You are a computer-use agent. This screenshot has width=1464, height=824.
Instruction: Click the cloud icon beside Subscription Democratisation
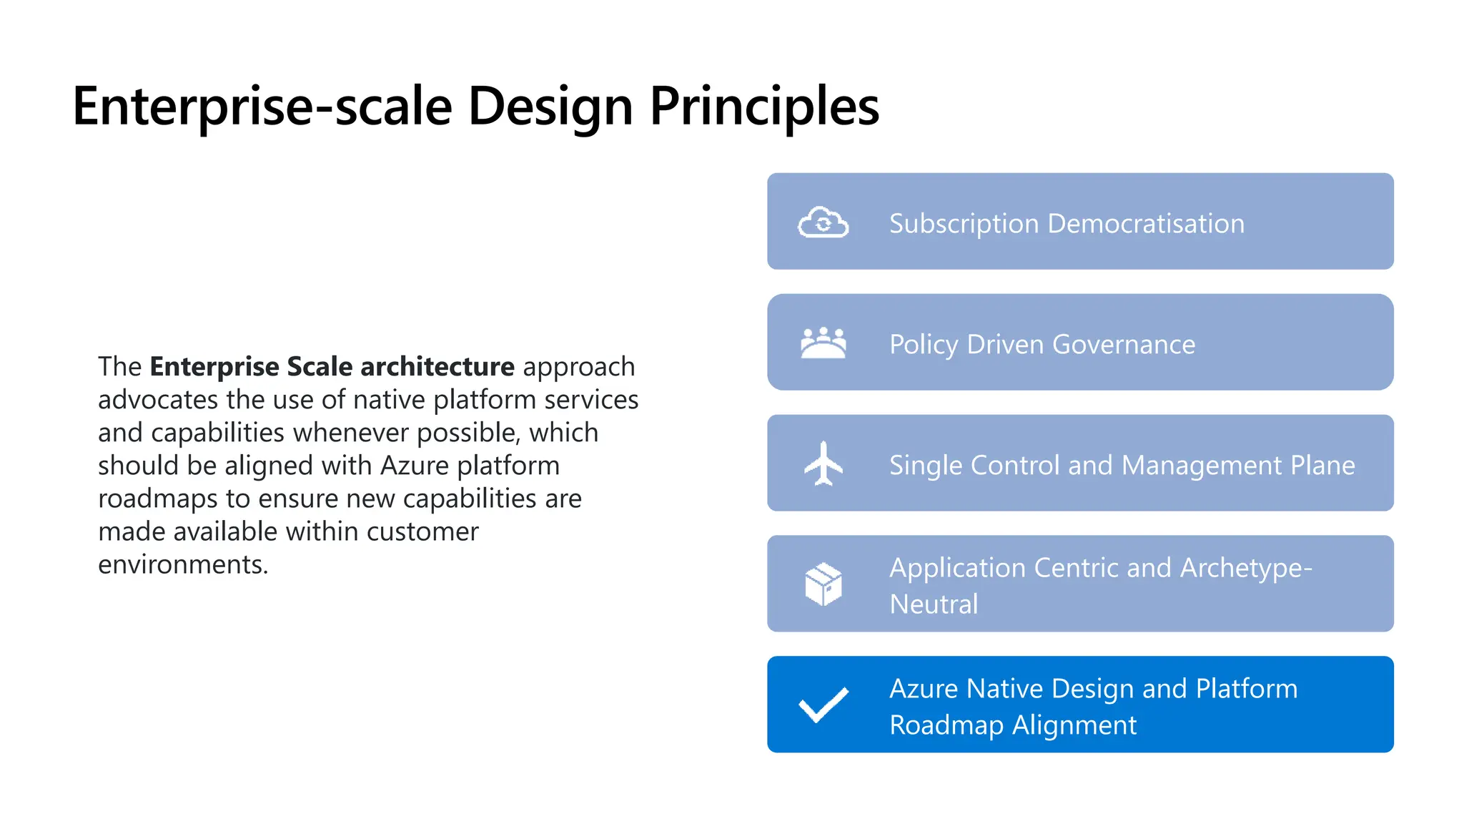click(x=823, y=222)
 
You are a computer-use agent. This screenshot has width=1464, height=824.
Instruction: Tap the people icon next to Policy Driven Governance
click(x=823, y=343)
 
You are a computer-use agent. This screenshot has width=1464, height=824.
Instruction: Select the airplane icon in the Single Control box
click(x=823, y=463)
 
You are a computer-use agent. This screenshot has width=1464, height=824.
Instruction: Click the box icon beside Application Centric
click(x=823, y=584)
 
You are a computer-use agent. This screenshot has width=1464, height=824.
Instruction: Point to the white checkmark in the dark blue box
click(x=823, y=705)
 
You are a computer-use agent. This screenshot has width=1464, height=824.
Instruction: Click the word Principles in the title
click(x=764, y=107)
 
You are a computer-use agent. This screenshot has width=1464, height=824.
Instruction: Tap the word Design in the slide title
click(x=550, y=107)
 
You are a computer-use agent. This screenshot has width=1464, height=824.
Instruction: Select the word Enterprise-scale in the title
click(x=262, y=107)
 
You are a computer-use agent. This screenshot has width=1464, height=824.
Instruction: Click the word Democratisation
click(x=1145, y=224)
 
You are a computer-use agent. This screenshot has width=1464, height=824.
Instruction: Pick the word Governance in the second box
click(x=1123, y=345)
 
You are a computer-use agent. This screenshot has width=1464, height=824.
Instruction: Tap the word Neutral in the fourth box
click(x=934, y=604)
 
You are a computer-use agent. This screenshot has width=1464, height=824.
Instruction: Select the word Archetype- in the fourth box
click(x=1246, y=568)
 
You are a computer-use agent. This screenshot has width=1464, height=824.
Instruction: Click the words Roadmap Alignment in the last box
click(x=1012, y=725)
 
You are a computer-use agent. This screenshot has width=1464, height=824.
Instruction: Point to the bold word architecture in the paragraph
click(x=437, y=367)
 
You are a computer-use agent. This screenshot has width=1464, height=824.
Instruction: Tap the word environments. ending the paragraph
click(x=183, y=565)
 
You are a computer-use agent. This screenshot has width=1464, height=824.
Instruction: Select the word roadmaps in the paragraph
click(x=157, y=499)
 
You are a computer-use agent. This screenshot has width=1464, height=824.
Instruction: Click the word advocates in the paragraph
click(x=158, y=400)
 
